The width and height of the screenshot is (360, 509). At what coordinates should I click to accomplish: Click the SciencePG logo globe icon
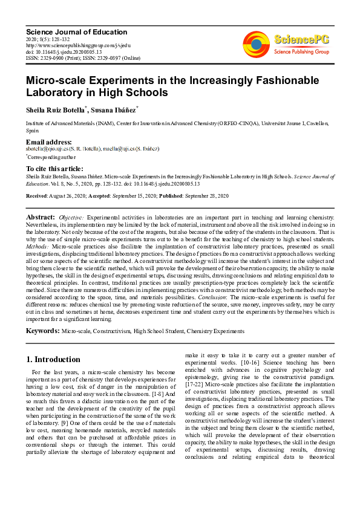256,43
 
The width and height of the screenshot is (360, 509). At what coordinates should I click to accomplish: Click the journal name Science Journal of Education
76,32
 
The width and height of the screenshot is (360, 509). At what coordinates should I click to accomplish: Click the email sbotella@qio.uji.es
49,149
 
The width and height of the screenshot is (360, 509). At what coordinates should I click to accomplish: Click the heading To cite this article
55,169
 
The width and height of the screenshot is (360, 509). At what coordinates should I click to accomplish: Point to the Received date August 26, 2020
82,196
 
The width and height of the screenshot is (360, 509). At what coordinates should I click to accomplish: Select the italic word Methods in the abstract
38,247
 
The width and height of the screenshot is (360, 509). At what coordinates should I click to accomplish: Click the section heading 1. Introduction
54,359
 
